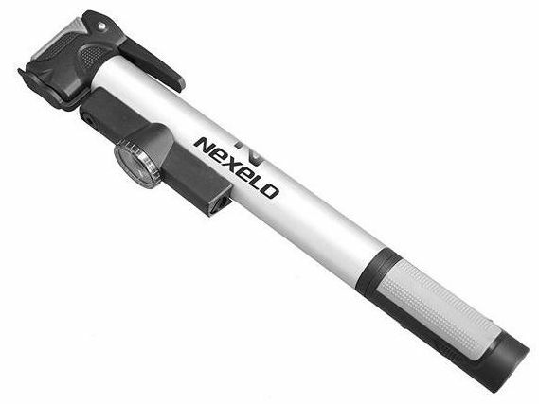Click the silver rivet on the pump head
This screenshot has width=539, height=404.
[100, 26]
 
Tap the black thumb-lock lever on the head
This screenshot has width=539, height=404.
[152, 62]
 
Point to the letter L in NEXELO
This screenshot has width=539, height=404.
[261, 183]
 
